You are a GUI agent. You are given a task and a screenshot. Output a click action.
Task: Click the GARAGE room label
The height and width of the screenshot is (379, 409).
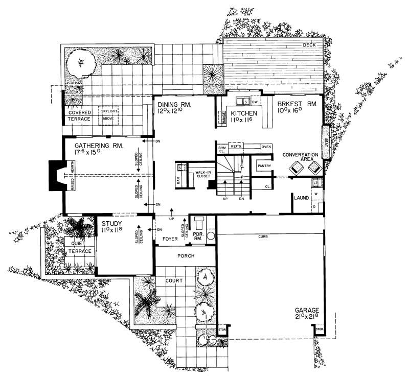307,310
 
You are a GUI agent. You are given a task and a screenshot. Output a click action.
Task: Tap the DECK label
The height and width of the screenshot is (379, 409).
310,45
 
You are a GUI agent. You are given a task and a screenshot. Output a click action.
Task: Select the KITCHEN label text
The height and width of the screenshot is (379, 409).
243,113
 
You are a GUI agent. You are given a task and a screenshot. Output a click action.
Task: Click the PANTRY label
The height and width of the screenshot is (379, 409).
264,165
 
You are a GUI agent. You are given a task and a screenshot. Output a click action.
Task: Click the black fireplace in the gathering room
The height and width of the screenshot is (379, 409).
54,175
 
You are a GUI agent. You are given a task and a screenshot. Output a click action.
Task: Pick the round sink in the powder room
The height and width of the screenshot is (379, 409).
212,236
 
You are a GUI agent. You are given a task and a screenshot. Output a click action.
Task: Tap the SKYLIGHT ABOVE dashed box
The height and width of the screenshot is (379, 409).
108,115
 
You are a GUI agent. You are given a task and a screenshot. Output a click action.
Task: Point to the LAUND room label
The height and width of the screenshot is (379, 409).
301,196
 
